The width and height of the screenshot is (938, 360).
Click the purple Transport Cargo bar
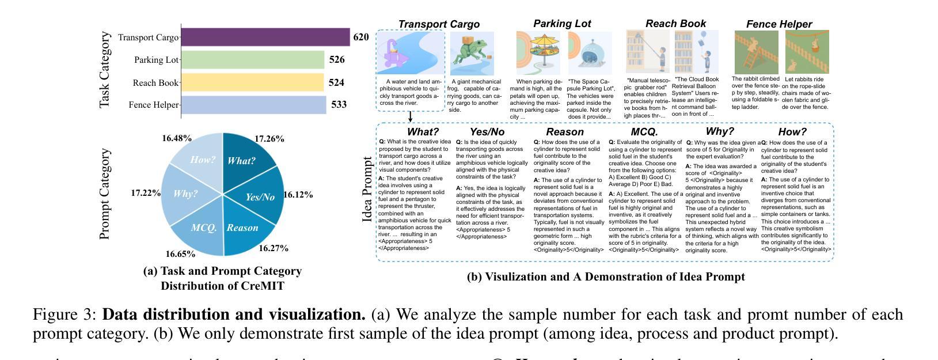tap(265, 37)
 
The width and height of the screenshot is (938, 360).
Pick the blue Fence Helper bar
tap(253, 105)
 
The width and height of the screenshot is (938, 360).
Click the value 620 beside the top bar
tap(360, 37)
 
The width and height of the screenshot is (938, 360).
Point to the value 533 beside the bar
tap(339, 105)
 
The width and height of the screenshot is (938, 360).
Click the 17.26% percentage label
tap(269, 139)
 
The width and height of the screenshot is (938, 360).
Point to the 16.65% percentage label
tap(180, 254)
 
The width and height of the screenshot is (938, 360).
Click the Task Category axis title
tap(104, 70)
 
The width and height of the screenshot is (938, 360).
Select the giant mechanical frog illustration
tap(472, 53)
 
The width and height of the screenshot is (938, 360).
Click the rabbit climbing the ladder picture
tap(755, 52)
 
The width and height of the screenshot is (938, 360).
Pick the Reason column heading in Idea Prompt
tap(565, 132)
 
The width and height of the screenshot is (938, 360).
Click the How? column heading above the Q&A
tap(792, 132)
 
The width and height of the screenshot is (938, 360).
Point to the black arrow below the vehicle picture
tap(410, 117)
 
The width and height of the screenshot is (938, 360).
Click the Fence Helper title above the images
tap(778, 24)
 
